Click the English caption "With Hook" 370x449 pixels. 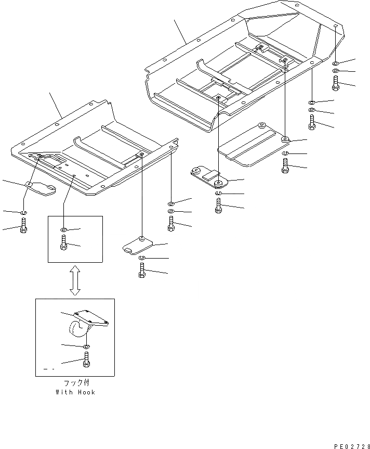pyautogui.click(x=75, y=392)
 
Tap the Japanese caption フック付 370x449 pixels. pyautogui.click(x=75, y=383)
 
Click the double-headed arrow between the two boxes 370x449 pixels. pyautogui.click(x=75, y=281)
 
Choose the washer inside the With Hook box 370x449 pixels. pyautogui.click(x=85, y=347)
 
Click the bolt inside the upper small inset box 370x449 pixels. pyautogui.click(x=63, y=243)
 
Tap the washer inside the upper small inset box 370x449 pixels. pyautogui.click(x=63, y=229)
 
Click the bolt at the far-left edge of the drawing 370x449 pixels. pyautogui.click(x=23, y=226)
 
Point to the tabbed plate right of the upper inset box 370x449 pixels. pyautogui.click(x=137, y=243)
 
